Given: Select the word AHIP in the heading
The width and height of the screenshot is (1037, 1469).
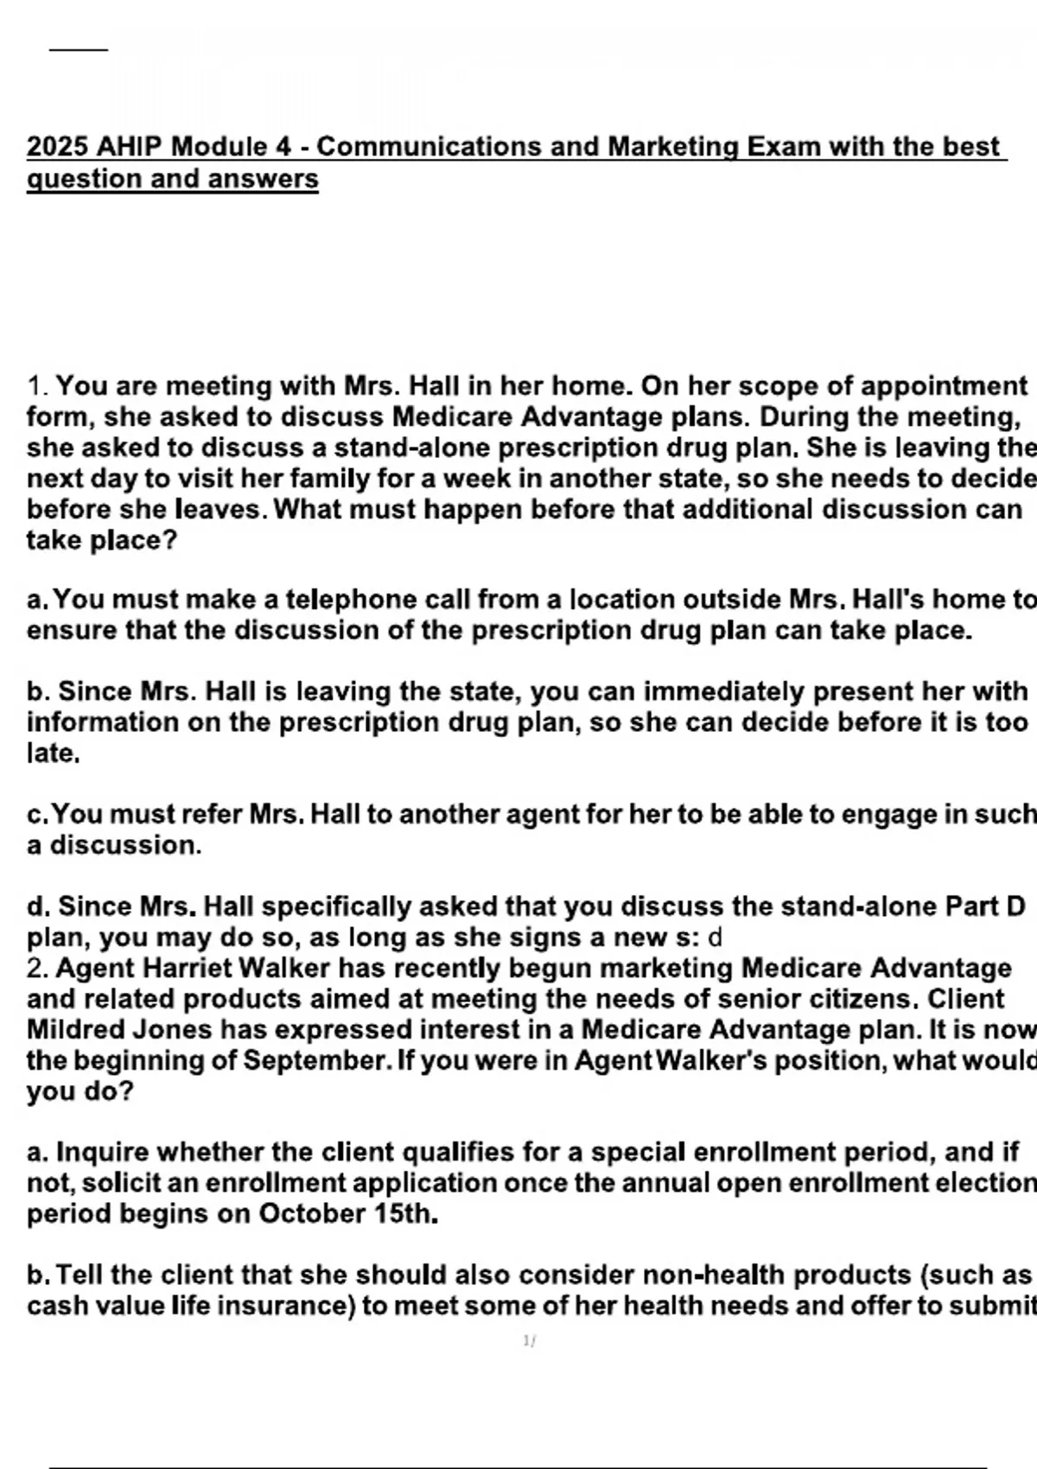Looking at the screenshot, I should tap(129, 147).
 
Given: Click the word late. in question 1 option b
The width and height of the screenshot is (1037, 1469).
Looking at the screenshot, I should tap(54, 754).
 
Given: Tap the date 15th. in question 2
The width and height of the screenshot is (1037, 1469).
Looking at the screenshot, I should tap(405, 1214).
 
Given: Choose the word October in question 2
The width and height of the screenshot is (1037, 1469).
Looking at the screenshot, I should tap(312, 1214).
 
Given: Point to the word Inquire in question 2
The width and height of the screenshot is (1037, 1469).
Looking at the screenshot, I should tap(99, 1153).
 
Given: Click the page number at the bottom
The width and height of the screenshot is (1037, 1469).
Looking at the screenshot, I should tap(529, 1341).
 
